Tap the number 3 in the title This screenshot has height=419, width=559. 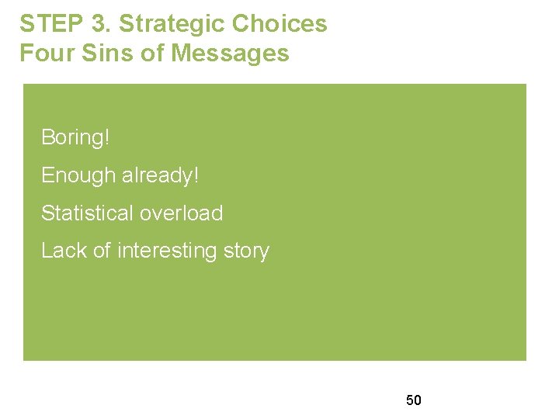(99, 24)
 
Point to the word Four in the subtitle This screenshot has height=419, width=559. (43, 54)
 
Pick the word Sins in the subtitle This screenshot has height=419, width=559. (95, 54)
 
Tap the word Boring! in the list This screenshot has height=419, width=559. (75, 138)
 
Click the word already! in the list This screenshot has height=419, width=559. (161, 176)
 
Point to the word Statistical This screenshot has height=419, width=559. (85, 213)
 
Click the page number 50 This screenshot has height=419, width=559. (414, 400)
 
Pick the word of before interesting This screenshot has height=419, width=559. (102, 251)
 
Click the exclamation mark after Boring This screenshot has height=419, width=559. (107, 138)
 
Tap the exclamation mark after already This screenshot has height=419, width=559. (196, 176)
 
